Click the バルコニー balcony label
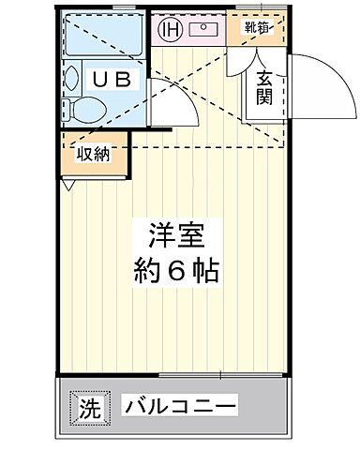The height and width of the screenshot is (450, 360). click(x=179, y=407)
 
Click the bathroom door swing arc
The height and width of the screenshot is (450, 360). click(x=179, y=103)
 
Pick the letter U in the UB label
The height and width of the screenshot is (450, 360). click(x=97, y=80)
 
